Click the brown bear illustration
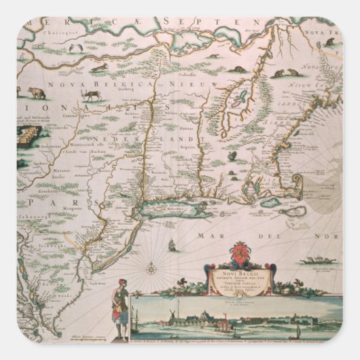point(35,93)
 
